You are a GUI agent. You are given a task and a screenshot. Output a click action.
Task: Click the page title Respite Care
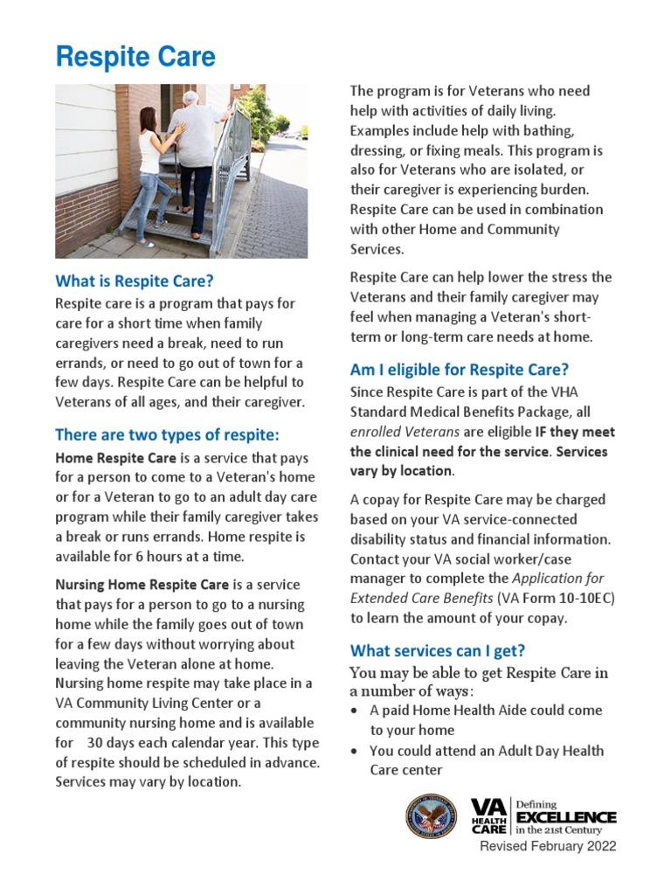(x=135, y=58)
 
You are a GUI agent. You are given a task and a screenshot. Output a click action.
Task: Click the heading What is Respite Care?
(x=134, y=281)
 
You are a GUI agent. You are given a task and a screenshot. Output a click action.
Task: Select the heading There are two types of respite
(x=167, y=434)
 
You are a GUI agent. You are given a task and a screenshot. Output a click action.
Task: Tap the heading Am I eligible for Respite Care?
(x=459, y=370)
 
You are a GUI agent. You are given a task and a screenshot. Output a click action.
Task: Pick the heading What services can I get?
(x=449, y=651)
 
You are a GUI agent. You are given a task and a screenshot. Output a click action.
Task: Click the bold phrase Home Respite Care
(x=116, y=457)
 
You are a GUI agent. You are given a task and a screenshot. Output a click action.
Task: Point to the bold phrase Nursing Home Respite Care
(x=142, y=584)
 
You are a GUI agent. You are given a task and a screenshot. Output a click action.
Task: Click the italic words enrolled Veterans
(x=405, y=432)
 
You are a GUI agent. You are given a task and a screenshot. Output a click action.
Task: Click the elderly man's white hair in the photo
(x=191, y=97)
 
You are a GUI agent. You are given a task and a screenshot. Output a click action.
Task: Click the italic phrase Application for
(x=557, y=578)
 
